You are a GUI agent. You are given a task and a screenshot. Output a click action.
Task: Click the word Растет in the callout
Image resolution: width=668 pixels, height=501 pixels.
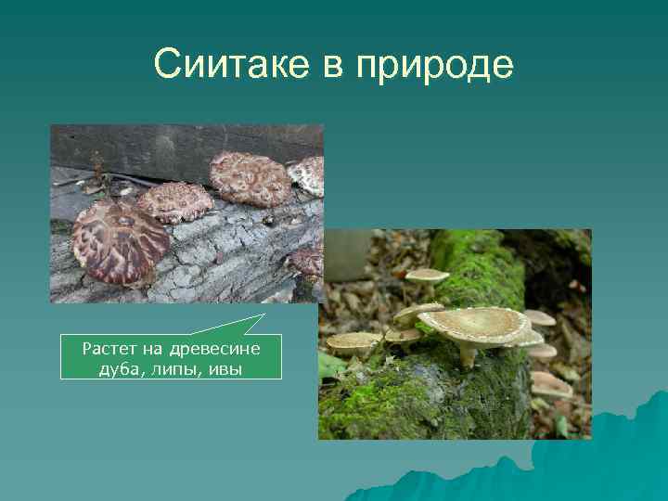tap(110, 349)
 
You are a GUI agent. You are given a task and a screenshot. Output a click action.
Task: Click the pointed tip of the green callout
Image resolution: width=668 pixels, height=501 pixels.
tap(263, 315)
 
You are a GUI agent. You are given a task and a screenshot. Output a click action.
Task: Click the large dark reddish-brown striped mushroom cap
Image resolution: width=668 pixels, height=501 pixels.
tap(121, 243)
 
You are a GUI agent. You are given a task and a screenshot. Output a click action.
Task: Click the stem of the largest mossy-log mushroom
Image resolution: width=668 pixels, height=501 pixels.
tap(467, 353)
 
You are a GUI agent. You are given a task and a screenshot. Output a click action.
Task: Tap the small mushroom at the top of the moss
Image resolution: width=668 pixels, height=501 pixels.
tap(428, 276)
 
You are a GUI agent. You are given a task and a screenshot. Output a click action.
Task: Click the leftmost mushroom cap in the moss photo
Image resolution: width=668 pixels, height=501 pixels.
tap(353, 340)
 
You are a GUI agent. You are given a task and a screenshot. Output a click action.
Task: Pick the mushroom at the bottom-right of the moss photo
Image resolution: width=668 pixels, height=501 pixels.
tap(553, 382)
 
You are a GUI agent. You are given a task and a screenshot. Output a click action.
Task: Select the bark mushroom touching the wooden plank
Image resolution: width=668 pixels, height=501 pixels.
tap(248, 177)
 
